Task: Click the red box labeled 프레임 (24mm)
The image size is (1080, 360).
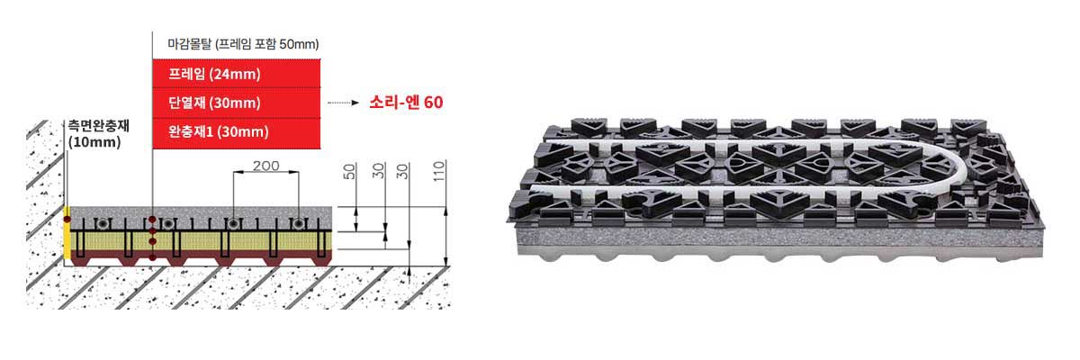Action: [x=236, y=74]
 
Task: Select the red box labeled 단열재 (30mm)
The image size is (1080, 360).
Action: [x=236, y=103]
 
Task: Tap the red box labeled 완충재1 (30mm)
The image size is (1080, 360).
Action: [x=236, y=132]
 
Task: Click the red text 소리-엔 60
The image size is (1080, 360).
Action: [x=406, y=103]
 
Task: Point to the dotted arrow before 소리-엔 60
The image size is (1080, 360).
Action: [x=343, y=103]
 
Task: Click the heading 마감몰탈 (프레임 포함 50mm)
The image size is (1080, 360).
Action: [x=243, y=44]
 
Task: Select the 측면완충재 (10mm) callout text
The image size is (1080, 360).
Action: [x=98, y=134]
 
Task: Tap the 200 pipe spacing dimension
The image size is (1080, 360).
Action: [x=265, y=166]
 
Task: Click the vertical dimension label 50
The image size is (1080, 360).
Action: [x=349, y=171]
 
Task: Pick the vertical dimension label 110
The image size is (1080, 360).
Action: [x=438, y=171]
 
